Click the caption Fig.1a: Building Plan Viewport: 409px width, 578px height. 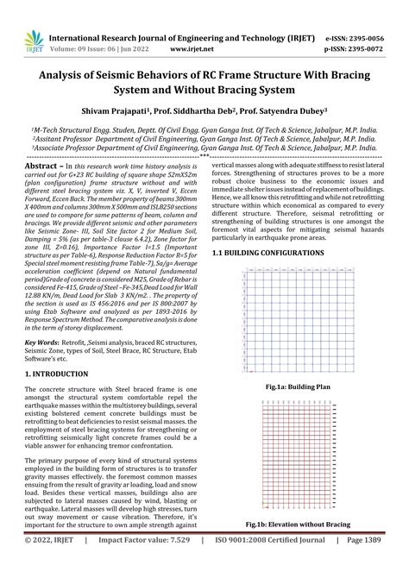coord(297,388)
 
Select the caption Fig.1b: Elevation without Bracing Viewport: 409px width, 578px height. coord(297,549)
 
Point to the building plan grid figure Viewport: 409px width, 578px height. coord(297,323)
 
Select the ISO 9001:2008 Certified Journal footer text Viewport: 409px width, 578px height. coord(271,565)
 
